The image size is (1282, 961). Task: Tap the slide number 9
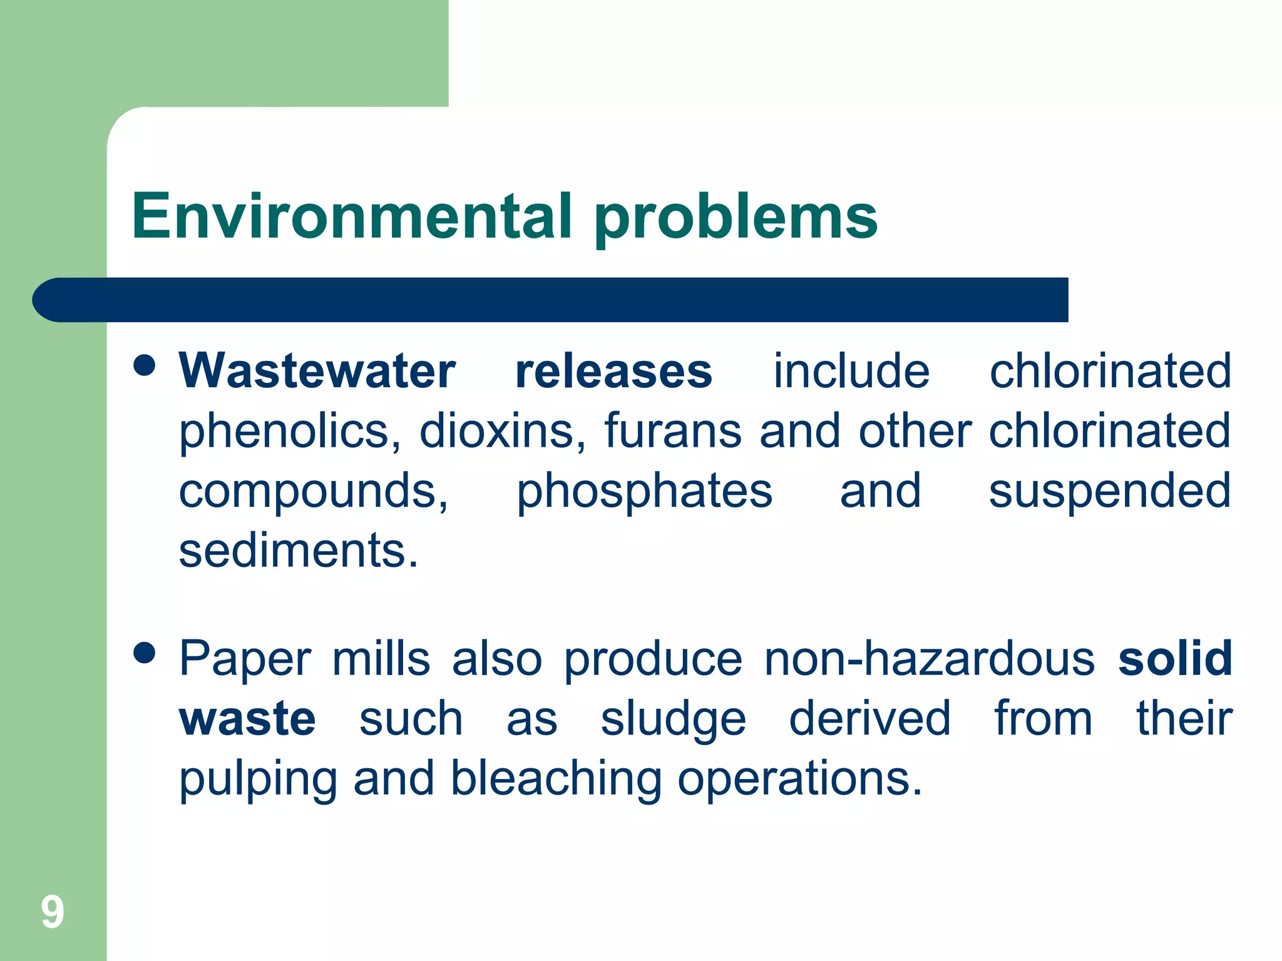point(53,912)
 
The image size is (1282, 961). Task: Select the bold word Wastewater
point(317,371)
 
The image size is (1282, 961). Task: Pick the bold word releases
point(613,371)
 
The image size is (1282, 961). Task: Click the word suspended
point(1110,491)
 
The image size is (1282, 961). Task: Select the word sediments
point(298,551)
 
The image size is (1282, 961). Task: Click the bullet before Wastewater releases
point(145,365)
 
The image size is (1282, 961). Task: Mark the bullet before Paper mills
point(145,653)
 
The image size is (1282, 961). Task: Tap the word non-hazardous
point(930,659)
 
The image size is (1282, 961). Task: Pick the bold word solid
point(1175,658)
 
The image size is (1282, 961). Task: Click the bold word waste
point(247,719)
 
